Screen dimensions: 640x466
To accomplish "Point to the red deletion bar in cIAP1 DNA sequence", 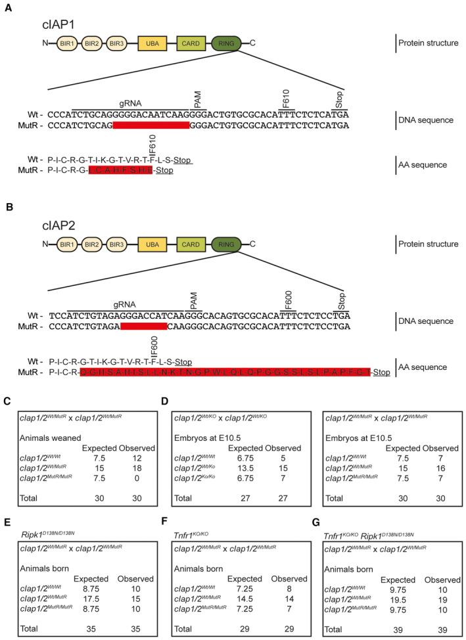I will point(151,125).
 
